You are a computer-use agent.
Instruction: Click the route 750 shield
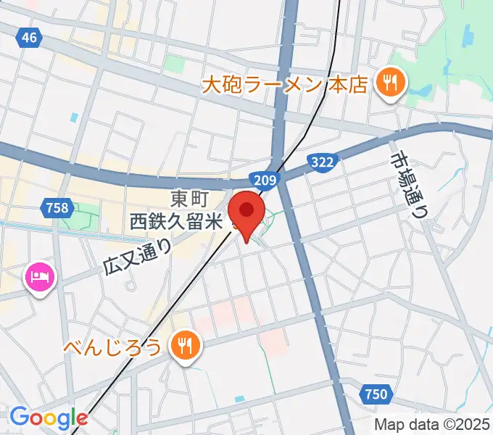coord(376,394)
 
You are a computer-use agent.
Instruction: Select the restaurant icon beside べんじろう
coord(186,345)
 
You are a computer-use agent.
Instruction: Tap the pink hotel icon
coord(39,277)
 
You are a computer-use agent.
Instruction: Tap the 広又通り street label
coord(138,256)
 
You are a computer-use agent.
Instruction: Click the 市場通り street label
coord(408,184)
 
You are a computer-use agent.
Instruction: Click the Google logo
coord(48,418)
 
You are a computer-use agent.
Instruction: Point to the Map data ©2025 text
coord(431,425)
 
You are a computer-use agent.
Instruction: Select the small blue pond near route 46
coord(73,117)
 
